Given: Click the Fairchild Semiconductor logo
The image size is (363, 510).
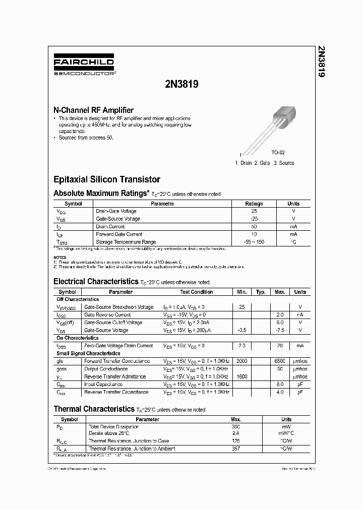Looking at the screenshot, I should (84, 66).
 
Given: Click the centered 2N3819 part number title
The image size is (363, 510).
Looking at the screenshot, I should (181, 85).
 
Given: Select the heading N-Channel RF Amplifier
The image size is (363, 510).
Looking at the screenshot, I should (93, 110).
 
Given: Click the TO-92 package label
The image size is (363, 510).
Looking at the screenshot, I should (278, 152).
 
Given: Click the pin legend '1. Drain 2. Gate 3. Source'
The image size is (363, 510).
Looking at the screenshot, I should (264, 163).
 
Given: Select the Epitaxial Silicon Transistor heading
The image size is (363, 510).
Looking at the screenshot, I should (107, 179).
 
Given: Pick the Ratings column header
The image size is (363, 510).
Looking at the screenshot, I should (254, 204).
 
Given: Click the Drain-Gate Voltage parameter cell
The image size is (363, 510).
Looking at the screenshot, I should (116, 211).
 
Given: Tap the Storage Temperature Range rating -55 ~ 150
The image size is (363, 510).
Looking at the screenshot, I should (254, 242).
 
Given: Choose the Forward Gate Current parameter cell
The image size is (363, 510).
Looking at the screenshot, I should (119, 234).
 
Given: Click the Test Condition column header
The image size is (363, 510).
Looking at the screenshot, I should (197, 292).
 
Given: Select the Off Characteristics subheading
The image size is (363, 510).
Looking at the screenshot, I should (78, 299).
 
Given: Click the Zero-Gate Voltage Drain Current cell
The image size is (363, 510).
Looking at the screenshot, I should (118, 346).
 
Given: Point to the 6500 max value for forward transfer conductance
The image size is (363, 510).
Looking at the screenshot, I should (280, 361).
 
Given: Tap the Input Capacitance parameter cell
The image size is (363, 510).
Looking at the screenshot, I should (104, 384).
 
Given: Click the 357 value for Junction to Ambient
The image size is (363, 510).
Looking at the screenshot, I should (235, 449).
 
